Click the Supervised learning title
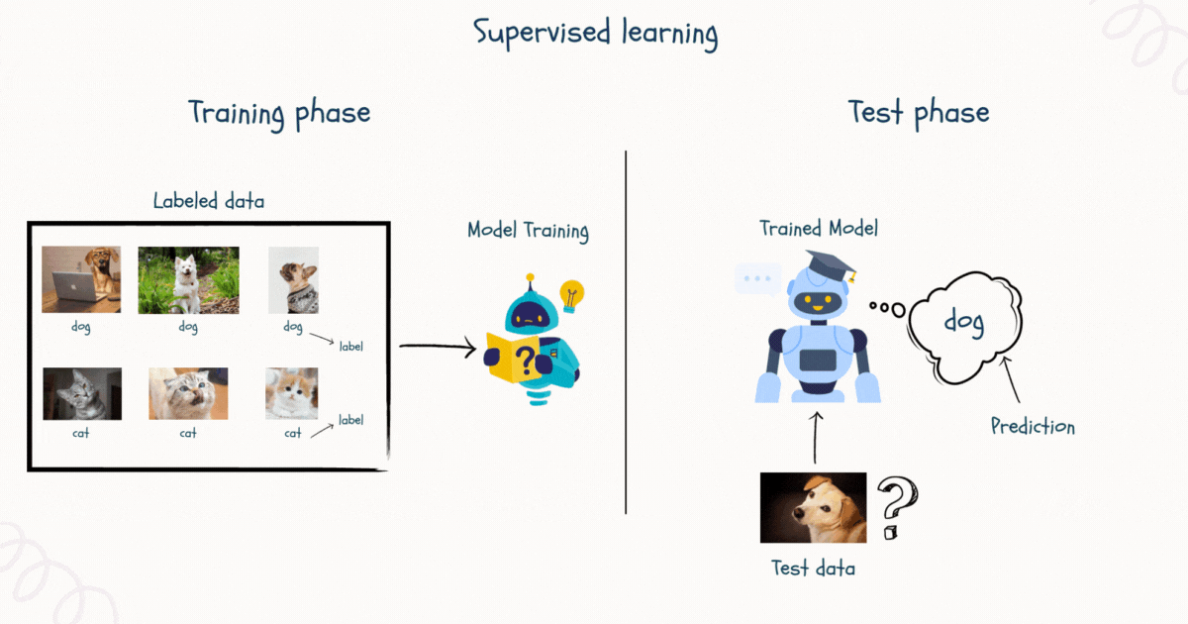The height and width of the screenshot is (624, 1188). pyautogui.click(x=595, y=33)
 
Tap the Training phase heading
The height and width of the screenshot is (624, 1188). pyautogui.click(x=279, y=113)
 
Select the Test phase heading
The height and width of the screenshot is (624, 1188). pyautogui.click(x=918, y=113)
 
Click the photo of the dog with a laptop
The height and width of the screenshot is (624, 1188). pyautogui.click(x=81, y=279)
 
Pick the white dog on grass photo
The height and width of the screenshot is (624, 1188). pyautogui.click(x=188, y=279)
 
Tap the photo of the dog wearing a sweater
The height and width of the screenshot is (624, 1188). pyautogui.click(x=293, y=279)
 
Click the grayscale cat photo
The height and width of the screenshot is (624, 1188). pyautogui.click(x=82, y=393)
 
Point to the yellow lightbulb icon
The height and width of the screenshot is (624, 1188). pyautogui.click(x=572, y=294)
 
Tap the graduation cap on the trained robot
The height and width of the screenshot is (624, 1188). pyautogui.click(x=829, y=265)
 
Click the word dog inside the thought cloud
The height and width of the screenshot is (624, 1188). pyautogui.click(x=962, y=322)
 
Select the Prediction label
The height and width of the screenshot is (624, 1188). pyautogui.click(x=1033, y=427)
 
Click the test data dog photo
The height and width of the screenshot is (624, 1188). pyautogui.click(x=813, y=507)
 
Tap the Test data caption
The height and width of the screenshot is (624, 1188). pyautogui.click(x=813, y=569)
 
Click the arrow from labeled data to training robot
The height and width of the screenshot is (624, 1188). pyautogui.click(x=437, y=347)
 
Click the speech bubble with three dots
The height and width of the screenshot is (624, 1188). pyautogui.click(x=757, y=279)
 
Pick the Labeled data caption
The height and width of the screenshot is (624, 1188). pyautogui.click(x=209, y=201)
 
